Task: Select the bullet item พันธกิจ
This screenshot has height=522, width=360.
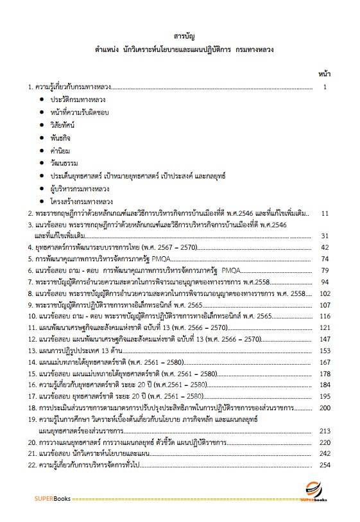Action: (63, 138)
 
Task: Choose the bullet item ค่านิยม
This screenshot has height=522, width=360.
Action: (62, 150)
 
